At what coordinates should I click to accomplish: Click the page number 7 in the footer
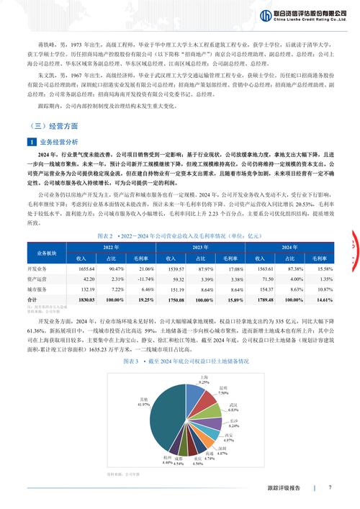[x=329, y=487]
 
